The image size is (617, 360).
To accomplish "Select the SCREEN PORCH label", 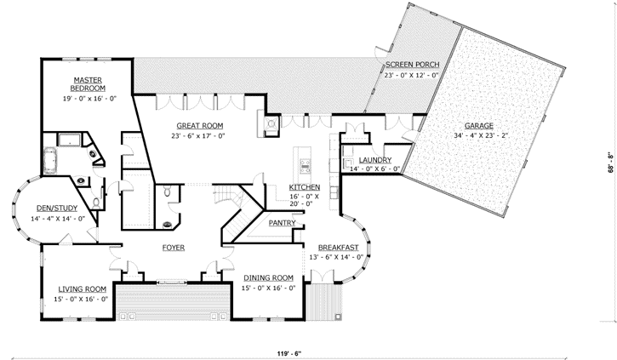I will pyautogui.click(x=411, y=65).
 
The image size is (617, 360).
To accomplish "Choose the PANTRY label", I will pyautogui.click(x=282, y=223).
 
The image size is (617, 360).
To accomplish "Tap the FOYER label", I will pyautogui.click(x=174, y=248).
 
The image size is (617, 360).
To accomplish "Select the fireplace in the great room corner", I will pyautogui.click(x=271, y=124).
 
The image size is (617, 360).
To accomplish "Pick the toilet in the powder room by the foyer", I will pyautogui.click(x=170, y=194).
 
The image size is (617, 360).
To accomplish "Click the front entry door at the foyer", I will pyautogui.click(x=174, y=281).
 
